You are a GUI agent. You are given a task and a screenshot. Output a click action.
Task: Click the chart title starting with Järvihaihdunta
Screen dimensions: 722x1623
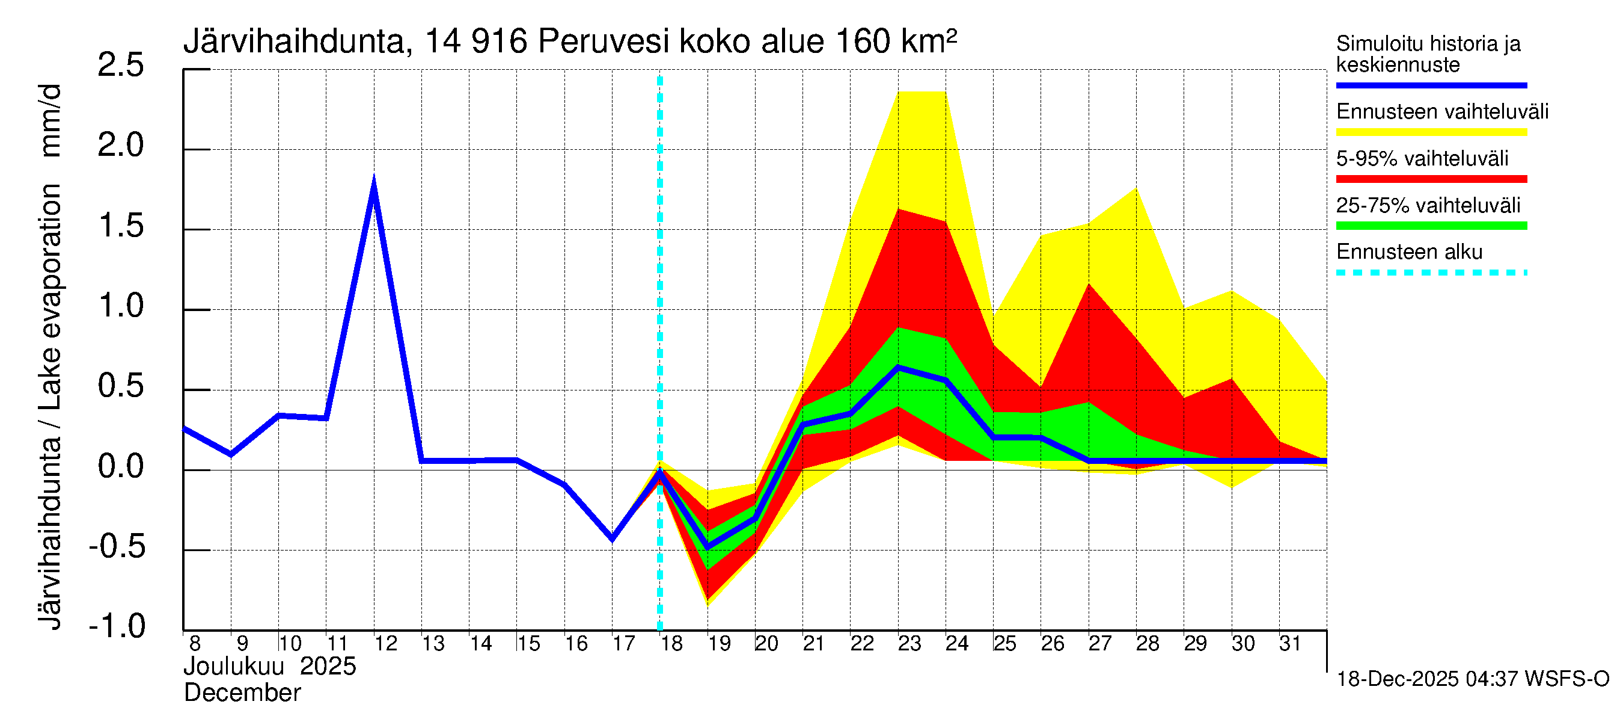570,42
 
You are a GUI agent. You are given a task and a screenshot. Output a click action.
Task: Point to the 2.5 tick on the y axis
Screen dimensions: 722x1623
121,66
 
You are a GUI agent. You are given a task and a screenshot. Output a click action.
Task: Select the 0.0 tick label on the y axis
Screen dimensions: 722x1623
121,467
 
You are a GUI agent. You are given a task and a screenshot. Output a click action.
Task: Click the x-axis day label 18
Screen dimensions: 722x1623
671,644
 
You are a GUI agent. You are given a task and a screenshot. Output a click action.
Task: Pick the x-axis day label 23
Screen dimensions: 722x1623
909,644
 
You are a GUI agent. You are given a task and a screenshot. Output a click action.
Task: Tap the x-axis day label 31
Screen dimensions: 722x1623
1290,644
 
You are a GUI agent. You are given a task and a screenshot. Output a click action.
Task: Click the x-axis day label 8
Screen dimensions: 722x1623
195,644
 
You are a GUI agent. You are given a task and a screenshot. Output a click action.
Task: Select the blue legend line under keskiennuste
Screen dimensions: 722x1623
1431,85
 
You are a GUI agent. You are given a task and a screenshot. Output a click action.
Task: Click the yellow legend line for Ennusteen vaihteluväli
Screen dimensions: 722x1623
1431,132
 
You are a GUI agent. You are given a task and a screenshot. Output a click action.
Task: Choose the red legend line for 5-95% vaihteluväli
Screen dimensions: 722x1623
1431,179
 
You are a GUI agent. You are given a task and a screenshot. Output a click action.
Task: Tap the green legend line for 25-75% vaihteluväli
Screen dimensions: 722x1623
1431,226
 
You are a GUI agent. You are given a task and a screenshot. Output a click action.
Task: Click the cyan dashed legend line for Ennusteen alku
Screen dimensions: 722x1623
1431,273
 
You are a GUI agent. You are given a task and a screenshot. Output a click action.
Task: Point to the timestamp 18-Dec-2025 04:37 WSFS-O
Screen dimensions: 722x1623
1472,679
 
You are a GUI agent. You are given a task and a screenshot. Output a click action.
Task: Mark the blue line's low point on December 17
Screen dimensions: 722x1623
613,538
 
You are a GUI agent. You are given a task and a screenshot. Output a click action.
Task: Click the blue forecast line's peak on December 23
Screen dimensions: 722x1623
898,367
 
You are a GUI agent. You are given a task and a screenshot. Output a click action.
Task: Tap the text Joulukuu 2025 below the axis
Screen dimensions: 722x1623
270,667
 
